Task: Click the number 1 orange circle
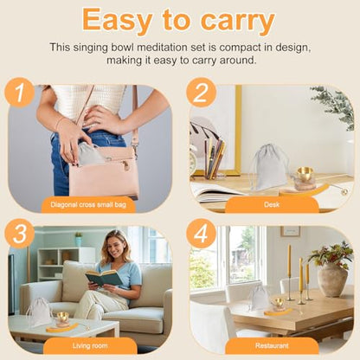(20, 93)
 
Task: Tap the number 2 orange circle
(201, 93)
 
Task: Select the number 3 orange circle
(20, 234)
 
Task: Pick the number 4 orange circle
(201, 234)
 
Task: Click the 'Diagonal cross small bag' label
(88, 205)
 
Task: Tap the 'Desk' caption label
(272, 205)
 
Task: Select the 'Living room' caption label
(90, 345)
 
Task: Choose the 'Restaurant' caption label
(272, 345)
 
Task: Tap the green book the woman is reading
(103, 278)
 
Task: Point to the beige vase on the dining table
(332, 280)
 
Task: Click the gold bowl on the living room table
(63, 318)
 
